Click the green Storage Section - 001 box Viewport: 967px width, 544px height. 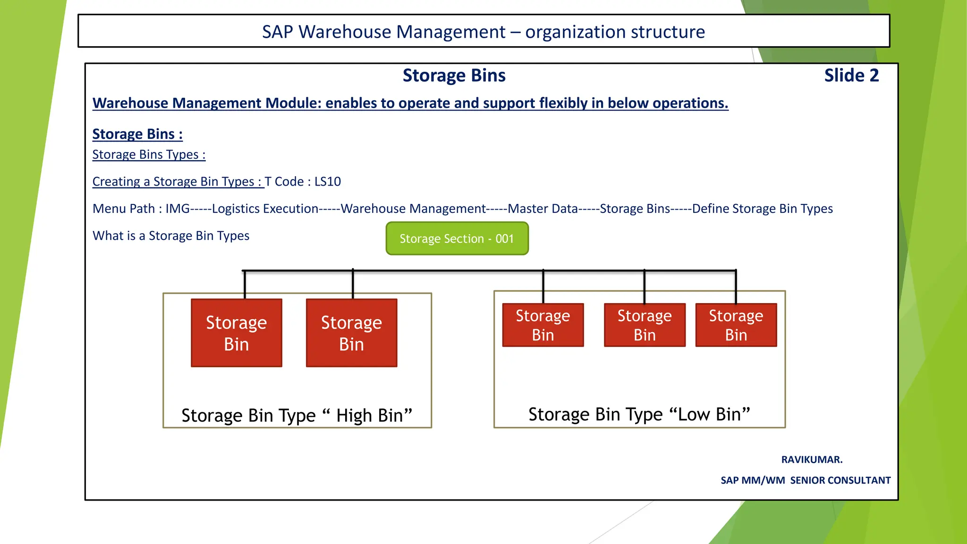point(457,238)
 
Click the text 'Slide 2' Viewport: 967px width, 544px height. point(851,76)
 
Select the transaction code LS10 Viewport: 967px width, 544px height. point(327,182)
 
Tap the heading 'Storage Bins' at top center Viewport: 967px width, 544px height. point(454,76)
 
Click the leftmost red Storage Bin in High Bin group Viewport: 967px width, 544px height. point(236,333)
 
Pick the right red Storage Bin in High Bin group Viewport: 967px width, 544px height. point(351,333)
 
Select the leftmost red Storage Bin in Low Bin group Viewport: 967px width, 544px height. point(543,325)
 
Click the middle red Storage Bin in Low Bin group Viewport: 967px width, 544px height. point(644,325)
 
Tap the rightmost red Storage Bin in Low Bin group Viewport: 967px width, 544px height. point(736,325)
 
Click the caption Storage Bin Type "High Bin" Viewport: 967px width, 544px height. point(297,416)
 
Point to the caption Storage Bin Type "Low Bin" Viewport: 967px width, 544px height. point(639,415)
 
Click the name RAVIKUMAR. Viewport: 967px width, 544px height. point(811,459)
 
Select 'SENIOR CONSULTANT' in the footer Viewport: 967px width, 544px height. point(840,480)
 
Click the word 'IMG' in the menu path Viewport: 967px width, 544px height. point(178,209)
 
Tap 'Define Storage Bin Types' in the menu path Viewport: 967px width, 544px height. point(762,209)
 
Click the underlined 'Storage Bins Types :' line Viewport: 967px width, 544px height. point(149,155)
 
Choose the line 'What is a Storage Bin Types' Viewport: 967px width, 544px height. point(171,236)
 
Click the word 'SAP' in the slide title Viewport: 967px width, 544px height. point(277,32)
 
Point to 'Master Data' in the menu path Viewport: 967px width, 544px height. point(543,209)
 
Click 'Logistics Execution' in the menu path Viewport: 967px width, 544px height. point(265,209)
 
